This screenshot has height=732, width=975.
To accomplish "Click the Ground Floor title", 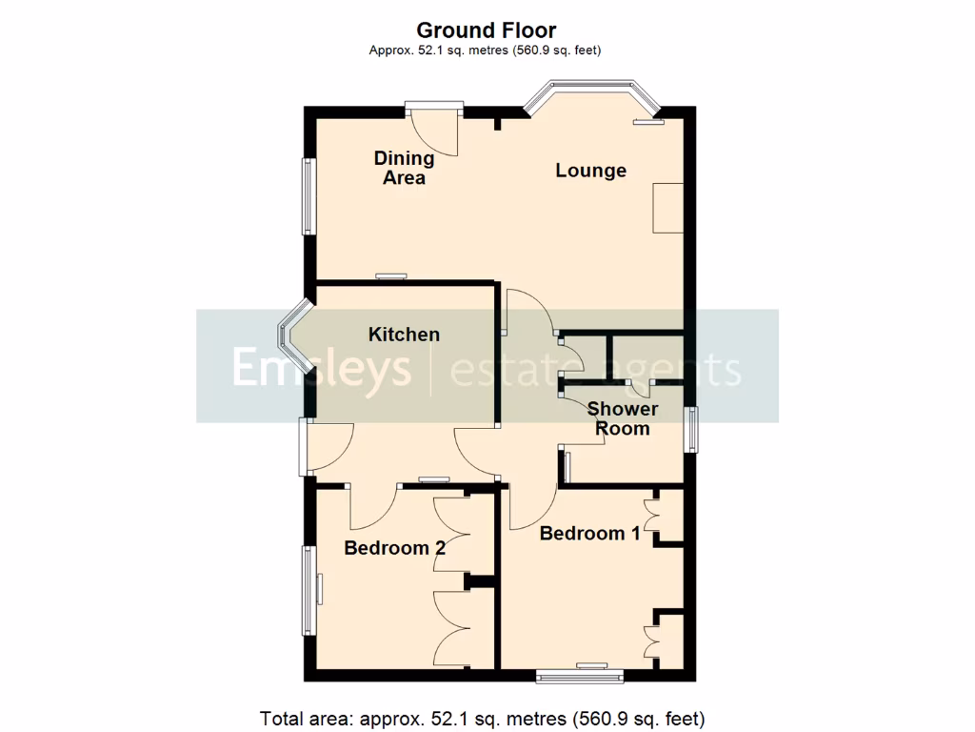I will (x=487, y=31).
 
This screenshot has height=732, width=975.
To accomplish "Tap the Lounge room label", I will (x=590, y=171).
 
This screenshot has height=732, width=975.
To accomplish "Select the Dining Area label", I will (x=404, y=168).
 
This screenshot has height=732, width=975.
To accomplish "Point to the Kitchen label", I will (x=404, y=335).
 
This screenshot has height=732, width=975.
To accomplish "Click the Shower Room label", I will (x=623, y=418).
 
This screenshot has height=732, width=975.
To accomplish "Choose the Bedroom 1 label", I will (x=589, y=534).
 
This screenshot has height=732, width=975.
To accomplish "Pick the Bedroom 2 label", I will (x=394, y=548).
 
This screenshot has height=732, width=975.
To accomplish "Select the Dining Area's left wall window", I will (x=308, y=195).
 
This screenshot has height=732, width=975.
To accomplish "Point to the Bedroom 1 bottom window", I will (x=580, y=676).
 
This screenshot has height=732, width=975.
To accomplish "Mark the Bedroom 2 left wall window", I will (x=308, y=590).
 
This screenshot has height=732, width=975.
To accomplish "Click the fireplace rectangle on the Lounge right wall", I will (x=667, y=209).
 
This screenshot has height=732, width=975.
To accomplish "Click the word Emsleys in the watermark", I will (x=322, y=369).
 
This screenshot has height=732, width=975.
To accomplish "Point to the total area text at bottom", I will (x=483, y=718).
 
